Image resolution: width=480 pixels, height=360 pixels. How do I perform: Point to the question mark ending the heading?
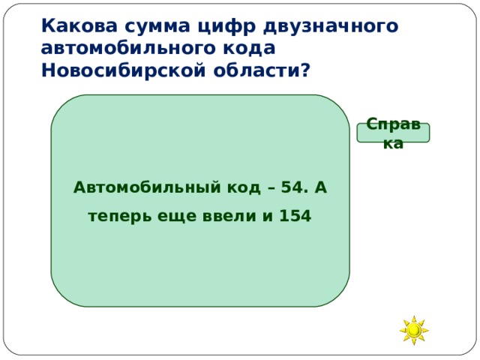point(304,70)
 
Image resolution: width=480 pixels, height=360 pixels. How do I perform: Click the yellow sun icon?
point(413,330)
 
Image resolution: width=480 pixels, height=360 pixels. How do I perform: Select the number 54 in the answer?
point(291,187)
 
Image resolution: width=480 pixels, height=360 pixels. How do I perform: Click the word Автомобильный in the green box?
point(145,187)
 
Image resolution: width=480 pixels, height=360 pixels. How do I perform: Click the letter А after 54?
point(319,187)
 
